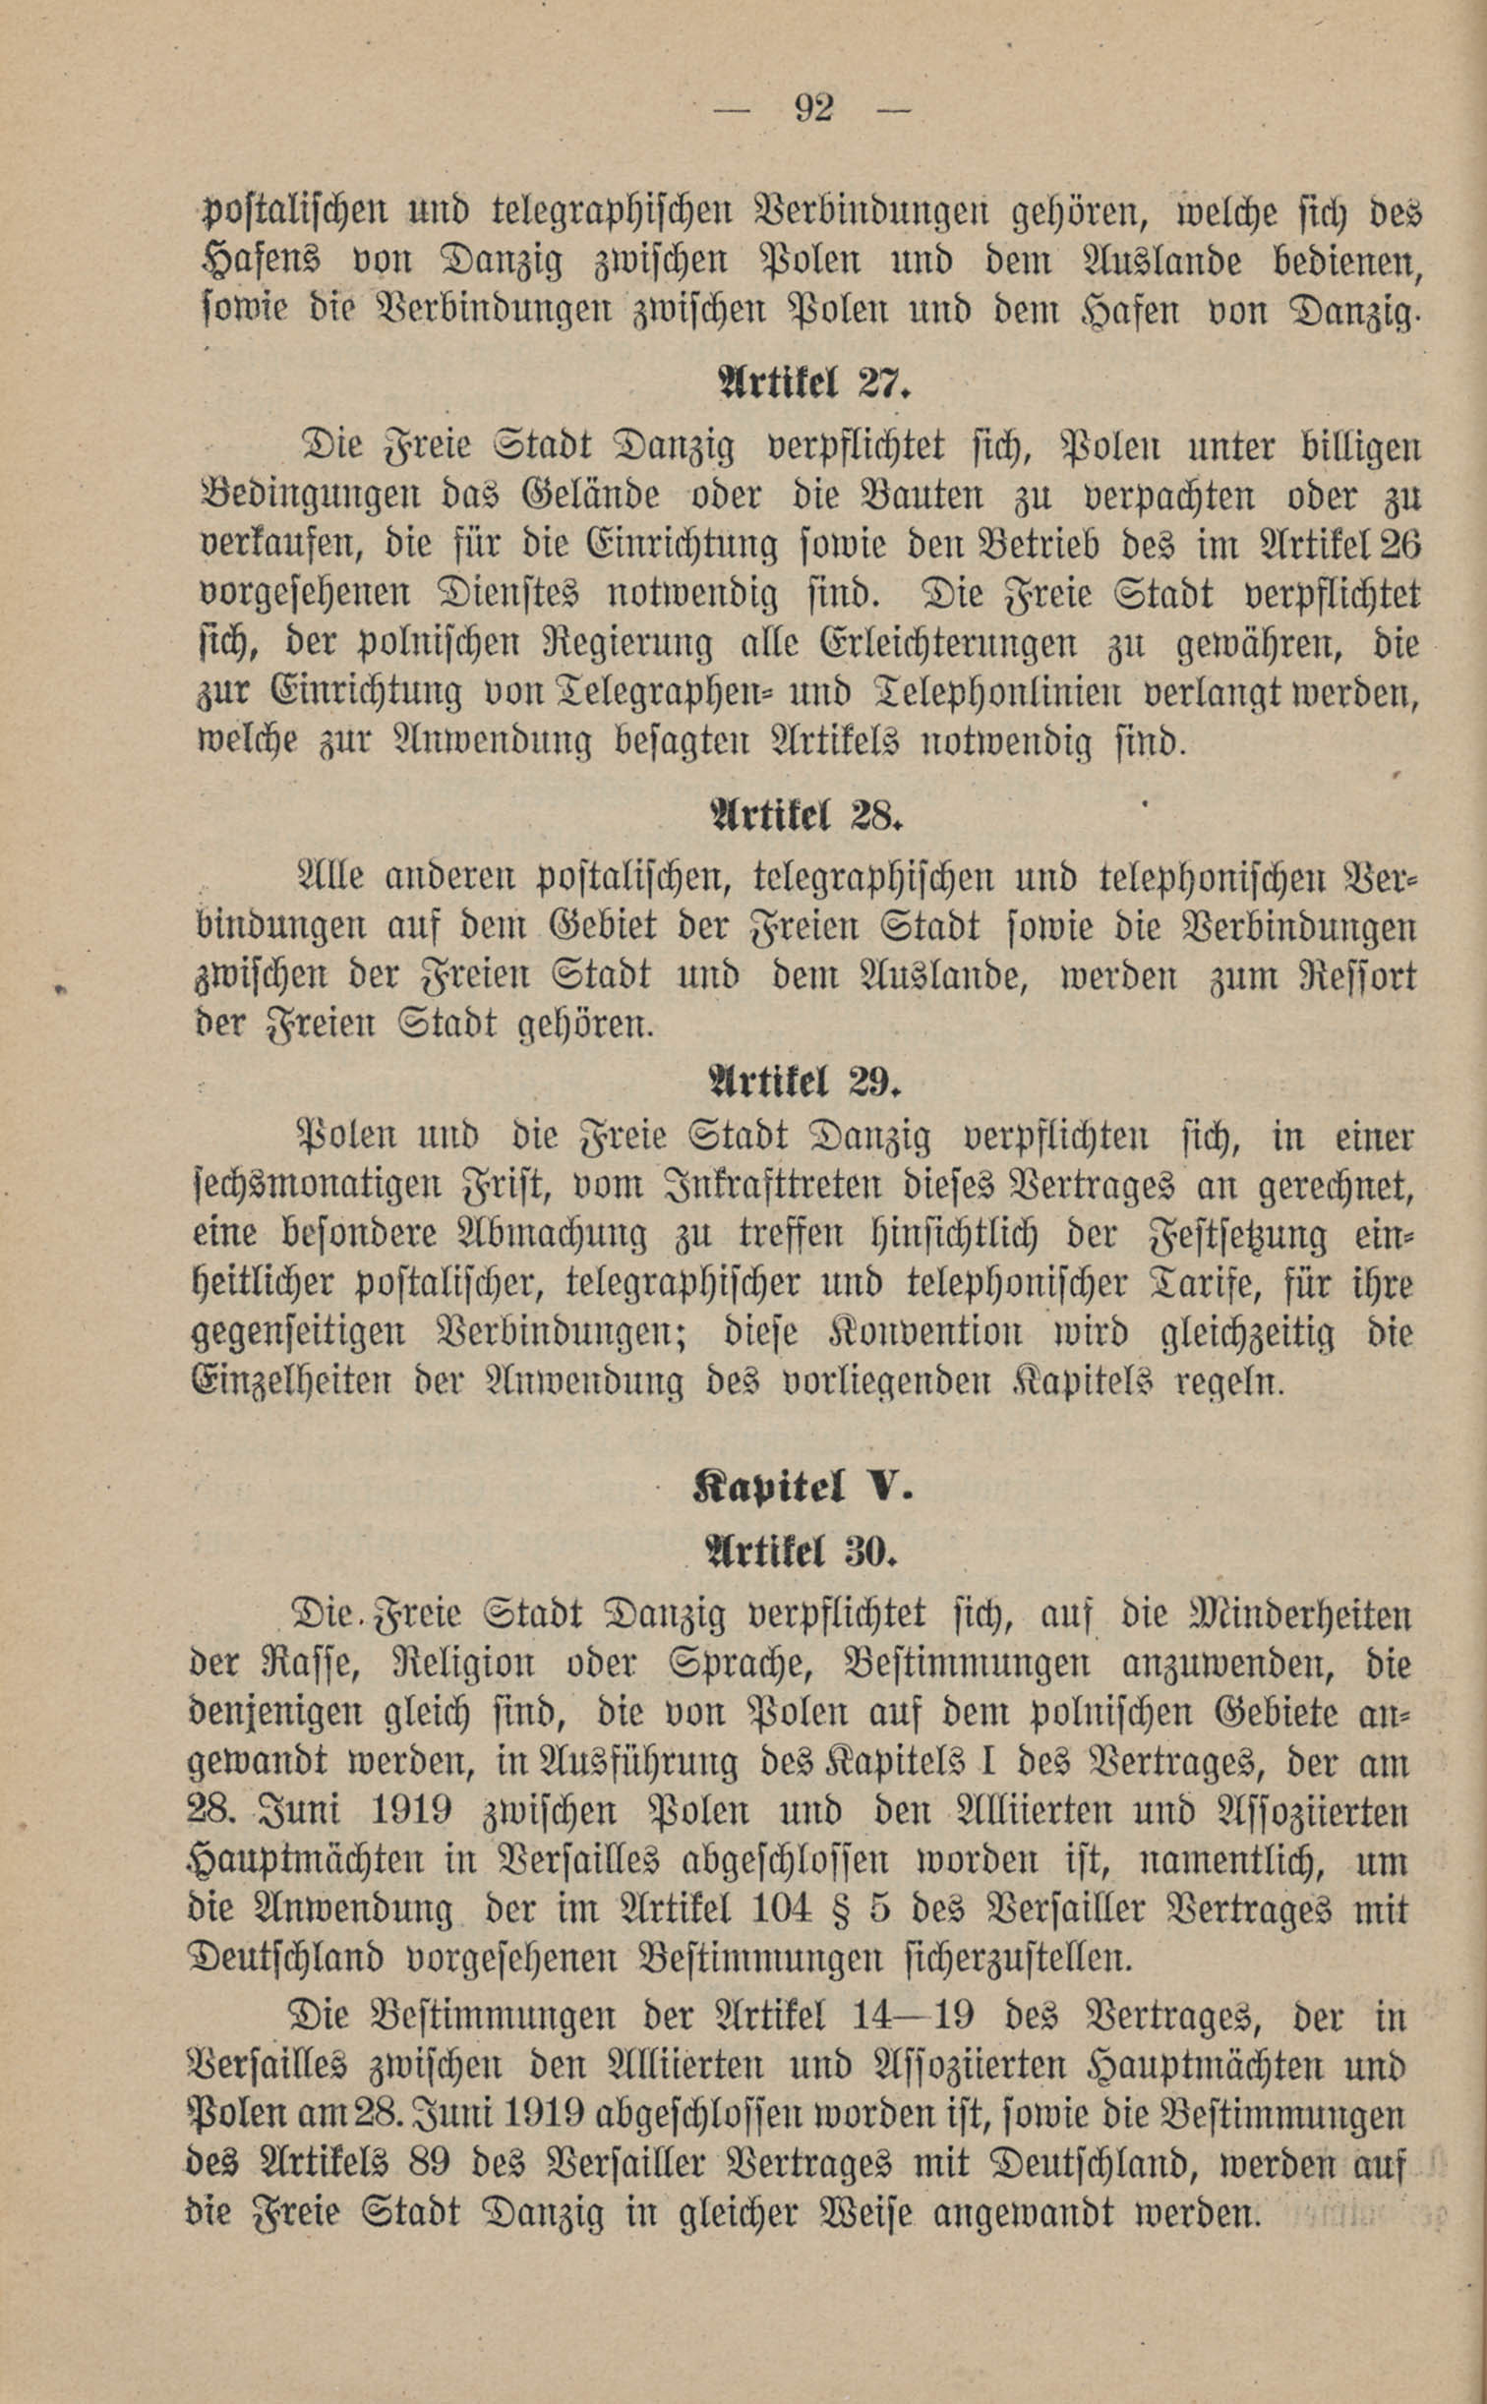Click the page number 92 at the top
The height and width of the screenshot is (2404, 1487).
[813, 107]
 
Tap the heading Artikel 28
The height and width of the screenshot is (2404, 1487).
[804, 814]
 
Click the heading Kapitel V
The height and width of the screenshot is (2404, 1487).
[803, 1488]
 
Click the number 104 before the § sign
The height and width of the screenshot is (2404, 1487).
[780, 1909]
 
